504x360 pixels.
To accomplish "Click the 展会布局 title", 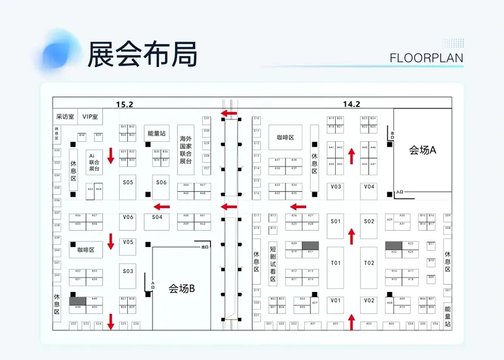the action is [x=142, y=54].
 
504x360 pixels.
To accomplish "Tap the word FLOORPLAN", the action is [x=427, y=58].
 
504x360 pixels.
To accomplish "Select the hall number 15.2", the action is [x=125, y=104].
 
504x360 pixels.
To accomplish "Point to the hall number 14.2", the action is [x=352, y=104].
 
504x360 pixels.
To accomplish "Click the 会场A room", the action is [x=423, y=150].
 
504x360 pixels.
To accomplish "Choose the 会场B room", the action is [x=182, y=289].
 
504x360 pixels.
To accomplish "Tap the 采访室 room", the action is [x=65, y=117].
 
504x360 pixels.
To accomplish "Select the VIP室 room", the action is [x=91, y=117].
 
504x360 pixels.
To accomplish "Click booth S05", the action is [x=129, y=182].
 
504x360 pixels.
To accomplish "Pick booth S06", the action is [x=161, y=182].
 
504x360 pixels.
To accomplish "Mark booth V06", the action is [x=129, y=217].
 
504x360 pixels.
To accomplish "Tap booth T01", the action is [x=336, y=263].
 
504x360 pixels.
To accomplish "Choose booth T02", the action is [x=369, y=263].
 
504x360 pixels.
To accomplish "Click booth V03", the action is [x=336, y=187].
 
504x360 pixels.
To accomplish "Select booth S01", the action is [x=336, y=221].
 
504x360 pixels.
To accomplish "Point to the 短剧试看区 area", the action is [x=273, y=262].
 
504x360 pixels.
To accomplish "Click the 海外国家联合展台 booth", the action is [x=185, y=149].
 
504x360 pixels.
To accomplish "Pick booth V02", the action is [x=369, y=301].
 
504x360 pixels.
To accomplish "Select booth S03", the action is [x=129, y=271].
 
